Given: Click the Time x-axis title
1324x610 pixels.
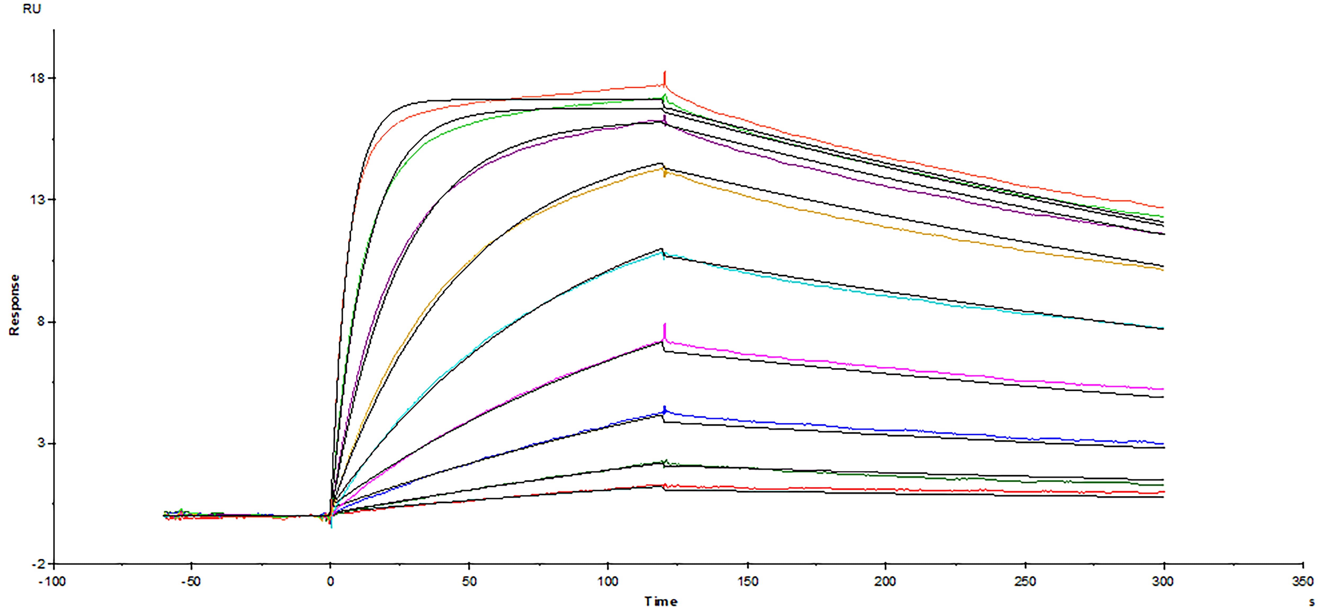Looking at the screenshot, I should [x=661, y=601].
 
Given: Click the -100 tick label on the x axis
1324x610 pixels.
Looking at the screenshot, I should [x=52, y=582].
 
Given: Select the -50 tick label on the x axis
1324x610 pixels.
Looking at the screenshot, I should [x=191, y=582].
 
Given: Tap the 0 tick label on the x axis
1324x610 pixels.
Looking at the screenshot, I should [x=330, y=582].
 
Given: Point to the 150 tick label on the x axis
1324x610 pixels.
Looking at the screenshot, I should [x=747, y=582].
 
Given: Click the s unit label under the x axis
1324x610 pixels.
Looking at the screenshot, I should [x=1312, y=601].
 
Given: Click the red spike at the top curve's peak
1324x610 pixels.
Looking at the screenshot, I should [x=665, y=77].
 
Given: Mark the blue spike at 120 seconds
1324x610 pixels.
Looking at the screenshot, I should [x=665, y=409].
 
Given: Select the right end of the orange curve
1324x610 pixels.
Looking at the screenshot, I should [x=1163, y=269].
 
